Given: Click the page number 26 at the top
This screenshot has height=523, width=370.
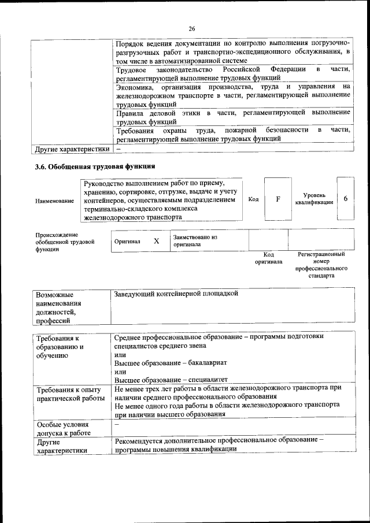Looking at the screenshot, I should pos(192,29).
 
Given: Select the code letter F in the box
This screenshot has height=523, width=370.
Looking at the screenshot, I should pos(278,199).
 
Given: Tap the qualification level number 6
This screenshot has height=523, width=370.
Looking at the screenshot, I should pos(345,199).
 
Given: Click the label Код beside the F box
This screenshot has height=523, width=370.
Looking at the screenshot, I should pos(253,199).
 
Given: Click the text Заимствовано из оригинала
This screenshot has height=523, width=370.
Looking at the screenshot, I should pos(194,241).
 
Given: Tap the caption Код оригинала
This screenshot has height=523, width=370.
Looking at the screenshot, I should pos(268,258).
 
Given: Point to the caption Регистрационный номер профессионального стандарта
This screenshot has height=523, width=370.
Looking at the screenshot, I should pos(321,265).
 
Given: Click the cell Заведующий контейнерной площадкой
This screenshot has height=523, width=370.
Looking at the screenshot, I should pos(176,294).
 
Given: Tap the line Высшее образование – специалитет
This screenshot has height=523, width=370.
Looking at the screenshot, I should pos(163,380).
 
